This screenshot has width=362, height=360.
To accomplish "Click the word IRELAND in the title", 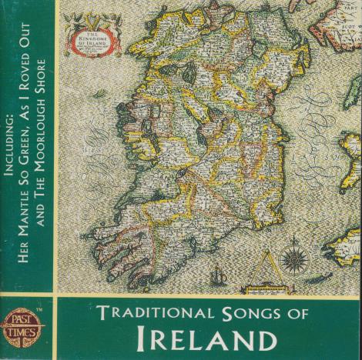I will point(202,338).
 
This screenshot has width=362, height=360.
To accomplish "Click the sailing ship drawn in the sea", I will point(217,273).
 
